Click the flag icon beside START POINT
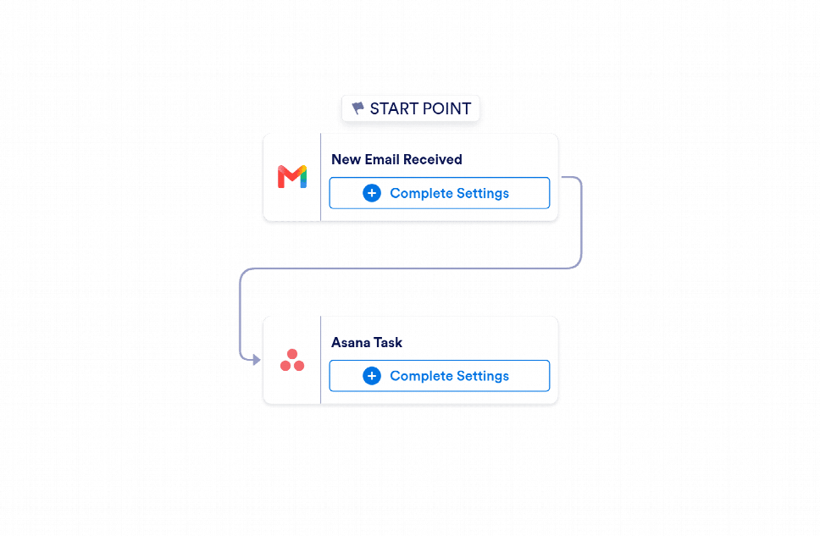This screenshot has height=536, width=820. click(357, 108)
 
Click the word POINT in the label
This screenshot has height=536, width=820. click(446, 108)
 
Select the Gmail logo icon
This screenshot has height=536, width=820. click(292, 177)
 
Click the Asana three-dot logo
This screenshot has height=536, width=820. click(292, 360)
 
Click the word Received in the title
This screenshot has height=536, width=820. click(433, 159)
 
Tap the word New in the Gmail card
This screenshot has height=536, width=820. click(346, 159)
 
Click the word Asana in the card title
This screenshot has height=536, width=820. click(351, 343)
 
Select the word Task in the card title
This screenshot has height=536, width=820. click(387, 343)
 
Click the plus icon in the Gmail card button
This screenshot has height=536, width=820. click(372, 193)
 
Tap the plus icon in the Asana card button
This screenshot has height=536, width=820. click(372, 375)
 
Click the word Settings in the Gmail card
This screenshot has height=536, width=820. click(483, 193)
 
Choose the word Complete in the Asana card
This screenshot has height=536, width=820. click(422, 376)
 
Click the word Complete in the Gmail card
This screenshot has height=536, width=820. click(422, 193)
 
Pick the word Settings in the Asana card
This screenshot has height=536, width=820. click(483, 376)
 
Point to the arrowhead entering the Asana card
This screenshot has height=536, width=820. click(256, 360)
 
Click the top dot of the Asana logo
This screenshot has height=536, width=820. click(292, 354)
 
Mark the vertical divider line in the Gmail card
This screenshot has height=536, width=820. click(320, 177)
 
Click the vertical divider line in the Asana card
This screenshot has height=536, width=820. click(320, 360)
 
